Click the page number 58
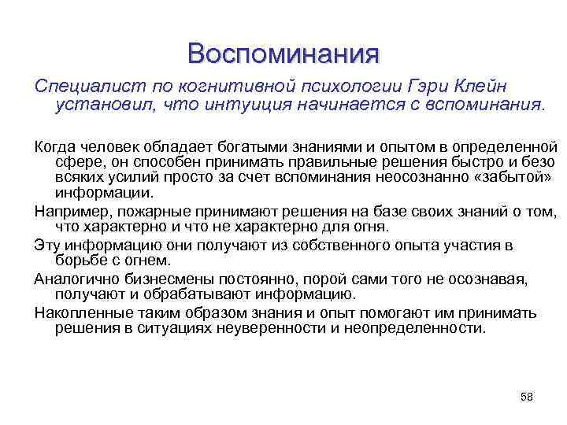(527, 397)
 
